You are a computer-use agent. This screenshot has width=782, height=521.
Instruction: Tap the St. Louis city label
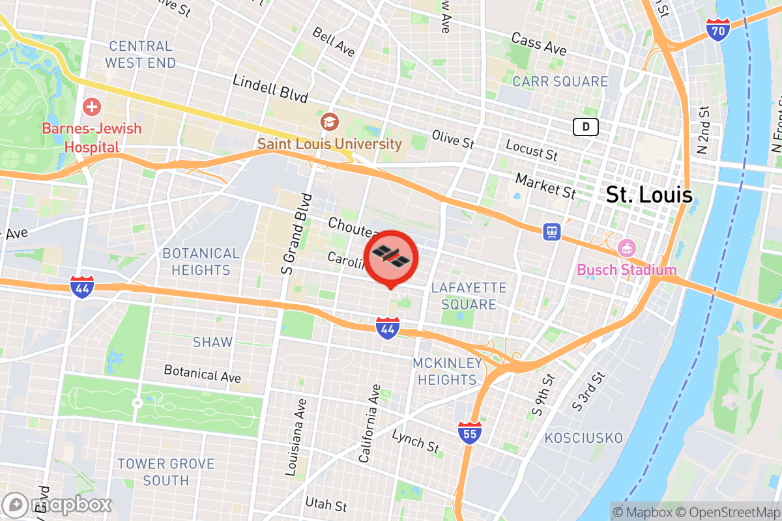pyautogui.click(x=649, y=194)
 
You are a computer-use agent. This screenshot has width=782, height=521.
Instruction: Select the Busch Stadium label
pyautogui.click(x=626, y=270)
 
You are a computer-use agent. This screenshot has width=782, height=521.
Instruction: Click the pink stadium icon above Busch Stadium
pyautogui.click(x=626, y=247)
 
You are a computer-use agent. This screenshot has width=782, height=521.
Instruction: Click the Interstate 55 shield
pyautogui.click(x=469, y=433)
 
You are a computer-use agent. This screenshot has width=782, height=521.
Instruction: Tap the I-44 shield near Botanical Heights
pyautogui.click(x=83, y=287)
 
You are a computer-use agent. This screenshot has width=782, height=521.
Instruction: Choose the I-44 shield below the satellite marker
pyautogui.click(x=387, y=328)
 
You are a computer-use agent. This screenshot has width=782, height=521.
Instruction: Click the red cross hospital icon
pyautogui.click(x=92, y=106)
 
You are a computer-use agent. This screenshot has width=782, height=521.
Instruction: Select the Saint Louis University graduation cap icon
pyautogui.click(x=329, y=121)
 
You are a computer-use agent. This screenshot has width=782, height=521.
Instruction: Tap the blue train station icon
pyautogui.click(x=553, y=231)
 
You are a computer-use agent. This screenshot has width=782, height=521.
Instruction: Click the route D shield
pyautogui.click(x=586, y=127)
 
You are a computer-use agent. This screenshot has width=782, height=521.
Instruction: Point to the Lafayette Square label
pyautogui.click(x=469, y=296)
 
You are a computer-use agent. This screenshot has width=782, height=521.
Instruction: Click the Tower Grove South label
pyautogui.click(x=166, y=472)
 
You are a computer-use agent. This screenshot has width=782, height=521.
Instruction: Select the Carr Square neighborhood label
pyautogui.click(x=560, y=81)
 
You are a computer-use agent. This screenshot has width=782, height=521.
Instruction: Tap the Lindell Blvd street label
pyautogui.click(x=270, y=88)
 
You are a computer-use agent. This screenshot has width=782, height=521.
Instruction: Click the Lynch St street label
pyautogui.click(x=416, y=441)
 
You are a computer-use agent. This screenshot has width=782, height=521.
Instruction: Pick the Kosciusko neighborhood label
pyautogui.click(x=583, y=438)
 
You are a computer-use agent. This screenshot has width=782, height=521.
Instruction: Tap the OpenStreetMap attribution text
pyautogui.click(x=731, y=511)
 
